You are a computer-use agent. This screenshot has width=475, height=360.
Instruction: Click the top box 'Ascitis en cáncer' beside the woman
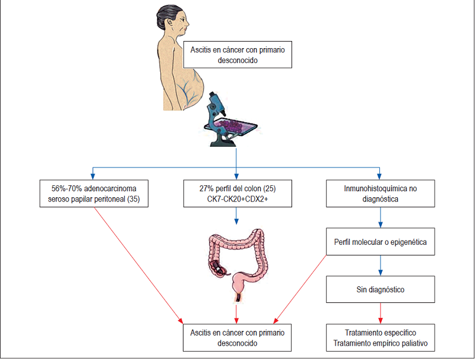click(x=237, y=55)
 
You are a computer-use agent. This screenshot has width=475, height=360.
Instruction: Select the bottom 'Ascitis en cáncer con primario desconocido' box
click(x=237, y=338)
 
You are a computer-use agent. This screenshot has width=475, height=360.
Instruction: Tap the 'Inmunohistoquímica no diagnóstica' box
click(x=379, y=194)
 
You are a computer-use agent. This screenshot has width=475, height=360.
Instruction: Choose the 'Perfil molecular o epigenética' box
click(x=379, y=242)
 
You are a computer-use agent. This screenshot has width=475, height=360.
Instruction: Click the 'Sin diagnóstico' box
click(x=379, y=290)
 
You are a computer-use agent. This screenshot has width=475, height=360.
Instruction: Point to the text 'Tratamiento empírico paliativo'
click(x=379, y=343)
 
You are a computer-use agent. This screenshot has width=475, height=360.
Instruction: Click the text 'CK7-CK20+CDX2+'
click(x=236, y=200)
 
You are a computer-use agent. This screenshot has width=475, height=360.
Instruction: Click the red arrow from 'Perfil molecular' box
click(x=300, y=285)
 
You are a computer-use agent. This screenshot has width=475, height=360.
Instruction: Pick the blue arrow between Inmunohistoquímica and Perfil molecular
click(x=379, y=218)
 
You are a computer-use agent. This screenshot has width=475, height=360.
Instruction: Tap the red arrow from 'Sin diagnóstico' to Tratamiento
click(x=379, y=312)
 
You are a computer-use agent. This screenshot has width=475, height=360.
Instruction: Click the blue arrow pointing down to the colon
click(x=236, y=217)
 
